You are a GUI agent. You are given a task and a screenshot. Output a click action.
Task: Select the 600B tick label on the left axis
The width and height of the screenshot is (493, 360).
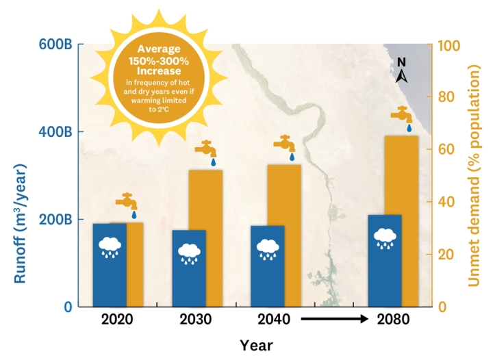point(54,44)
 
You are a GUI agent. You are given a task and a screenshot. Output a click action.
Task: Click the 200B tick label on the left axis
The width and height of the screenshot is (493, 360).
point(54,220)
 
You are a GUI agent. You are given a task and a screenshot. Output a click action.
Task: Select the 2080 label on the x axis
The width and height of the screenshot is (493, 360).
point(392,319)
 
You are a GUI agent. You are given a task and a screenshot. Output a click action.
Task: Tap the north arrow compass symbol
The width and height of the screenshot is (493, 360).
point(402,71)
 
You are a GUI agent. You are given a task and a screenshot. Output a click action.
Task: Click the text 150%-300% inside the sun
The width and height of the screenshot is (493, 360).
point(158,60)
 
